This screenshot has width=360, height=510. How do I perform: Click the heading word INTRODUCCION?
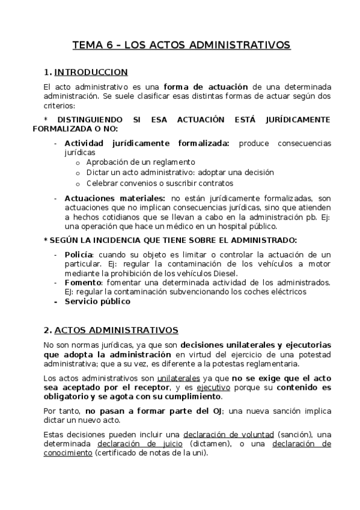pos(91,73)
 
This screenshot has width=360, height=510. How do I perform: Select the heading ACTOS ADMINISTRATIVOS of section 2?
pos(115,330)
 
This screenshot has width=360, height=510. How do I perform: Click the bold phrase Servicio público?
pos(97,301)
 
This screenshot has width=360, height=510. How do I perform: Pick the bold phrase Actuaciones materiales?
pos(115,198)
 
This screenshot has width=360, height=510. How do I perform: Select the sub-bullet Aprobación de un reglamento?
pos(141,162)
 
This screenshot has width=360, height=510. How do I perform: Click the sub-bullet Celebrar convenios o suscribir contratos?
pos(159,183)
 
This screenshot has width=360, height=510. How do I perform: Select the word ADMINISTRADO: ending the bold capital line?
pos(262,240)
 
